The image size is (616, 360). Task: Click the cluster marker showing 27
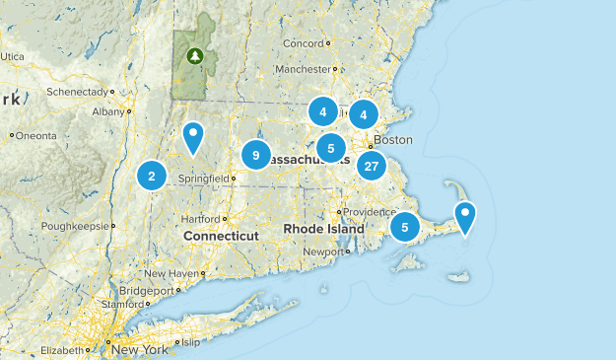[x=371, y=166]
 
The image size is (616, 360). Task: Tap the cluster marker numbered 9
[x=255, y=155]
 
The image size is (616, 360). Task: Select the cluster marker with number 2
[x=151, y=177]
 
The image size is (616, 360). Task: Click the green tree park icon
[x=195, y=56]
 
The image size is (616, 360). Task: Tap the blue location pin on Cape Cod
[x=463, y=215]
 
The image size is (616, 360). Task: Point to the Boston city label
[x=393, y=140]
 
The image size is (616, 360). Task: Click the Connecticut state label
[x=220, y=237]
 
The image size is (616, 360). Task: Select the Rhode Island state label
[x=324, y=229]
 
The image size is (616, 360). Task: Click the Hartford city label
[x=199, y=218]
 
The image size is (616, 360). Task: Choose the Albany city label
[x=107, y=112]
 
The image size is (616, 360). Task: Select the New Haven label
[x=171, y=273]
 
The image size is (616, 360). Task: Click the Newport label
[x=323, y=252]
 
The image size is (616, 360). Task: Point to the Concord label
[x=303, y=44]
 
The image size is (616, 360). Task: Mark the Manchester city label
[x=302, y=70]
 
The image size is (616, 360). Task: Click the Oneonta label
[x=36, y=135]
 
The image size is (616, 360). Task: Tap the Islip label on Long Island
[x=190, y=342]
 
